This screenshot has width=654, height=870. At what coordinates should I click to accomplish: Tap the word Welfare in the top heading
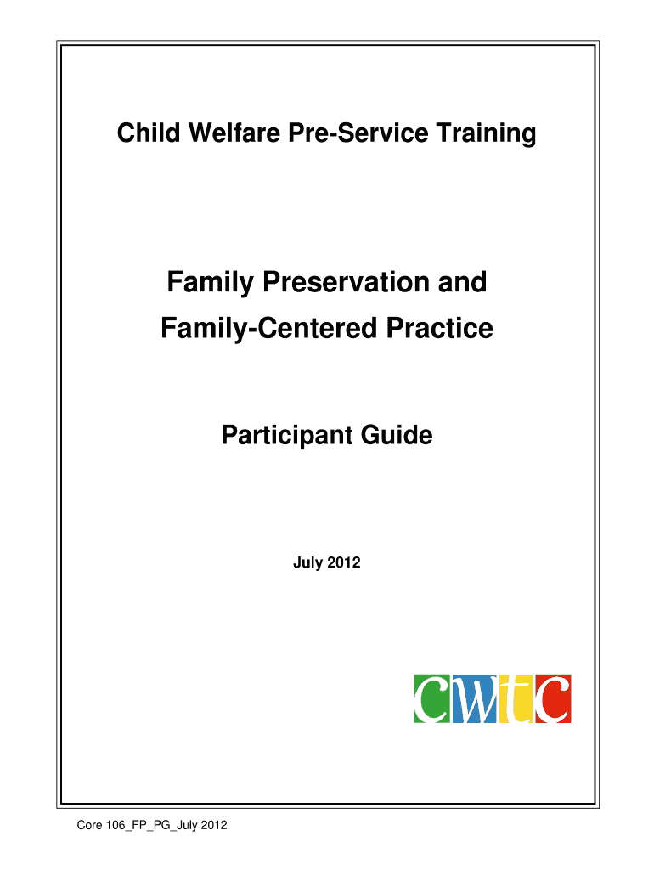234,133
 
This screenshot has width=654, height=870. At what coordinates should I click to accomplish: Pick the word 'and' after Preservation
463,282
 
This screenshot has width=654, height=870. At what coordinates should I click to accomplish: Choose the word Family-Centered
269,329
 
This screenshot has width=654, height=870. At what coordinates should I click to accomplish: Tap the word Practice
439,328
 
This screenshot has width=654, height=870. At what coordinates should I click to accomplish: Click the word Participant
287,436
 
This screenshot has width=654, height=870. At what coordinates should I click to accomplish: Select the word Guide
397,434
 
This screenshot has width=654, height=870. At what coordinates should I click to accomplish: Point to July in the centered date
307,563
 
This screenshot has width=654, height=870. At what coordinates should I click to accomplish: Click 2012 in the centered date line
344,562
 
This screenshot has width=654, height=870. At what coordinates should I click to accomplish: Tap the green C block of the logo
432,699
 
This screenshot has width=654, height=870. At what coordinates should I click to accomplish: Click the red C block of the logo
553,699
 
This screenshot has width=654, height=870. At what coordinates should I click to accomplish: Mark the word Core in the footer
89,826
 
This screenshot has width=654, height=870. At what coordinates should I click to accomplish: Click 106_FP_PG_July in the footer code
151,826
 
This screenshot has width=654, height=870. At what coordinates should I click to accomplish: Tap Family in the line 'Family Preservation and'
211,283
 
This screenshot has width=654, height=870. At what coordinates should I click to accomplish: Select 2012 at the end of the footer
213,826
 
